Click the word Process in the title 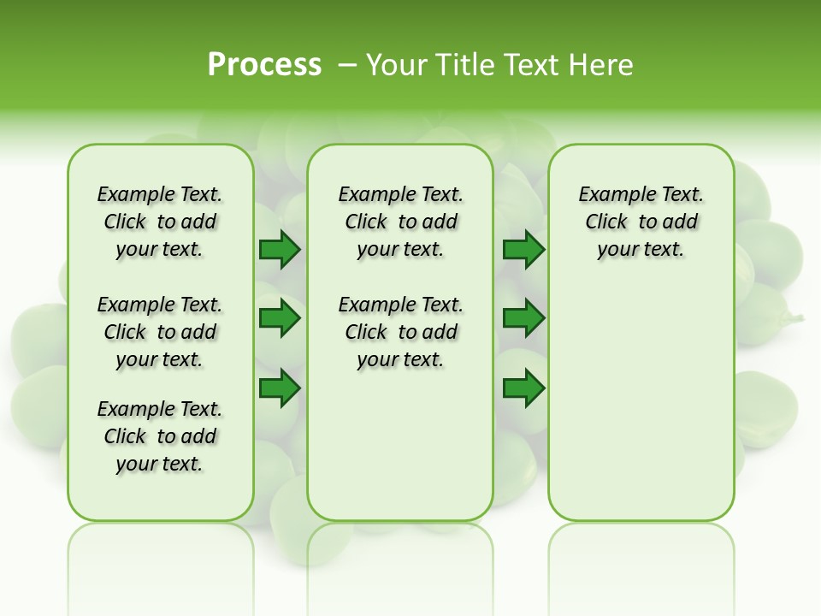[x=264, y=64]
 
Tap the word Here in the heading [x=602, y=65]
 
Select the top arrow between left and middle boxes [x=280, y=250]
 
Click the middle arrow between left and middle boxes [x=280, y=319]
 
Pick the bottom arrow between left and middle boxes [x=280, y=388]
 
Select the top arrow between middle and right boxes [x=523, y=250]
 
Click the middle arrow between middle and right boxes [x=523, y=319]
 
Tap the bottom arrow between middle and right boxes [x=523, y=388]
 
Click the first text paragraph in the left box [x=160, y=222]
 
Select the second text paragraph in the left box [x=160, y=332]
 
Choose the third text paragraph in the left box [x=160, y=436]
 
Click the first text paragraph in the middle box [x=400, y=222]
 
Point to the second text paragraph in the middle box [x=400, y=332]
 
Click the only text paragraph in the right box [x=641, y=222]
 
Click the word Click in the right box [x=606, y=222]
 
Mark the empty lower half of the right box [x=641, y=402]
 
